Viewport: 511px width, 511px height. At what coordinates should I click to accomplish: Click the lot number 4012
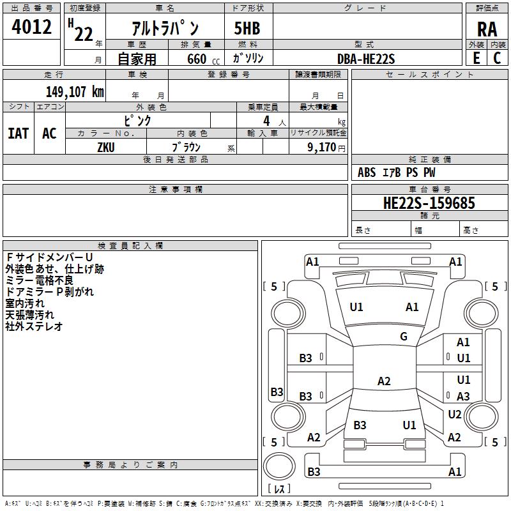point(31,27)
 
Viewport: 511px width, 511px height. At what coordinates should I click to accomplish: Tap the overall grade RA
point(487,29)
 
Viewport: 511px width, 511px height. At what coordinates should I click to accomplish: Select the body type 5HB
point(247,28)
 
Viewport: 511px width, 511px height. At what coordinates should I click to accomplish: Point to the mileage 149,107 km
point(75,91)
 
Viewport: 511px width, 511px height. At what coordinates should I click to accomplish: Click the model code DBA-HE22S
point(366,59)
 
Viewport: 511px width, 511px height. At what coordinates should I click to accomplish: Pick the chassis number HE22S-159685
point(429,202)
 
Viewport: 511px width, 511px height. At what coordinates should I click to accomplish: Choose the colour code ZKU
point(106,148)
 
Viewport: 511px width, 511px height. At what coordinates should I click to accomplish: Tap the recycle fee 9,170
point(321,148)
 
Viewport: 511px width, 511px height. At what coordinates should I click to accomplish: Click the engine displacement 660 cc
point(203,59)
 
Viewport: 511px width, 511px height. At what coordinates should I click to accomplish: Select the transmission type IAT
point(18,133)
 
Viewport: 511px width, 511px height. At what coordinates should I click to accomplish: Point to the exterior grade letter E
point(477,58)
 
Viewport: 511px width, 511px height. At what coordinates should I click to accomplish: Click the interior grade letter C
point(497,58)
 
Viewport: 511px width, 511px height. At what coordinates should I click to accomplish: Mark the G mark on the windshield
point(404,336)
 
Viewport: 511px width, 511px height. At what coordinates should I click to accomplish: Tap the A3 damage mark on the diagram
point(463,396)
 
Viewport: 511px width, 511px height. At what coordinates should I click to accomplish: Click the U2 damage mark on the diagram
point(455,414)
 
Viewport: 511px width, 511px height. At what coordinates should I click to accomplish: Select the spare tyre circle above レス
point(279,466)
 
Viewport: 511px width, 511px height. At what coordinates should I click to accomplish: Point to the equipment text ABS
point(367,172)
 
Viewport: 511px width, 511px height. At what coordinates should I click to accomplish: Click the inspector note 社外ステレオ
point(34,326)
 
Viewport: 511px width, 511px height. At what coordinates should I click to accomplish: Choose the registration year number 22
point(84,34)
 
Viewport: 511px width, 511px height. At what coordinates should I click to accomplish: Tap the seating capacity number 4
point(266,121)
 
